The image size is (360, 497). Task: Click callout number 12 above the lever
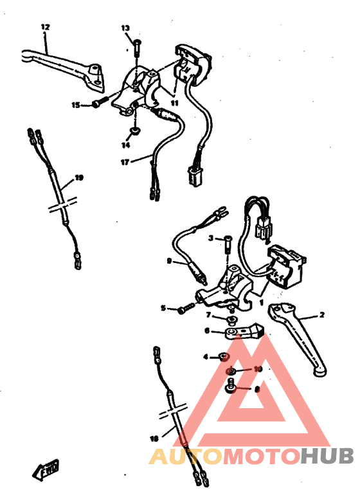click(x=45, y=27)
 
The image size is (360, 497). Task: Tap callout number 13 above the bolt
click(x=125, y=28)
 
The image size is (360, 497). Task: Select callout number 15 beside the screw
click(x=76, y=105)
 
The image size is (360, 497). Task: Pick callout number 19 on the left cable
click(x=79, y=177)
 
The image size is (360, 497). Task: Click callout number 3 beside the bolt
click(x=210, y=239)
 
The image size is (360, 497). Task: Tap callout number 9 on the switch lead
click(x=168, y=261)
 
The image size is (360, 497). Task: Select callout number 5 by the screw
click(x=163, y=309)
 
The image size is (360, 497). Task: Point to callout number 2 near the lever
click(x=321, y=315)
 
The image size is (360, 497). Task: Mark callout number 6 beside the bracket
click(x=207, y=331)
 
